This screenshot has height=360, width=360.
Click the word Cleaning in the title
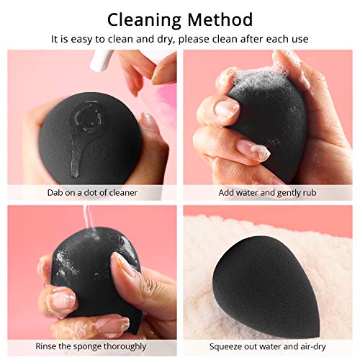click(143, 19)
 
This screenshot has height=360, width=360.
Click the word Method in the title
click(219, 19)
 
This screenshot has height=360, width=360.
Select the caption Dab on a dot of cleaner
click(90, 192)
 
